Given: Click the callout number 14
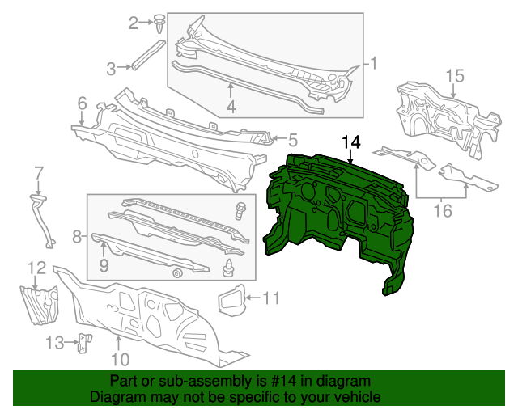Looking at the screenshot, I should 350,142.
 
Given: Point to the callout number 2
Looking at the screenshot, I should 134,23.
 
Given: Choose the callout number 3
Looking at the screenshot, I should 113,67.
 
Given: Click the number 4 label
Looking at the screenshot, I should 231,106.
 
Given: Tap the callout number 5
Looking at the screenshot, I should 292,139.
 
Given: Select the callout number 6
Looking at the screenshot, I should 82,103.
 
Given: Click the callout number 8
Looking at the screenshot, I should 77,237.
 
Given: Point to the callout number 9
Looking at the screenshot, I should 104,264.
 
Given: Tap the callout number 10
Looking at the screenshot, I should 119,359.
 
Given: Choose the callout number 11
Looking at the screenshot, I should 270,298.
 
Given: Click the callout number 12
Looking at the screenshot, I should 37,267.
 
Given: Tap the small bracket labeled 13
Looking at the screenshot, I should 83,344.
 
